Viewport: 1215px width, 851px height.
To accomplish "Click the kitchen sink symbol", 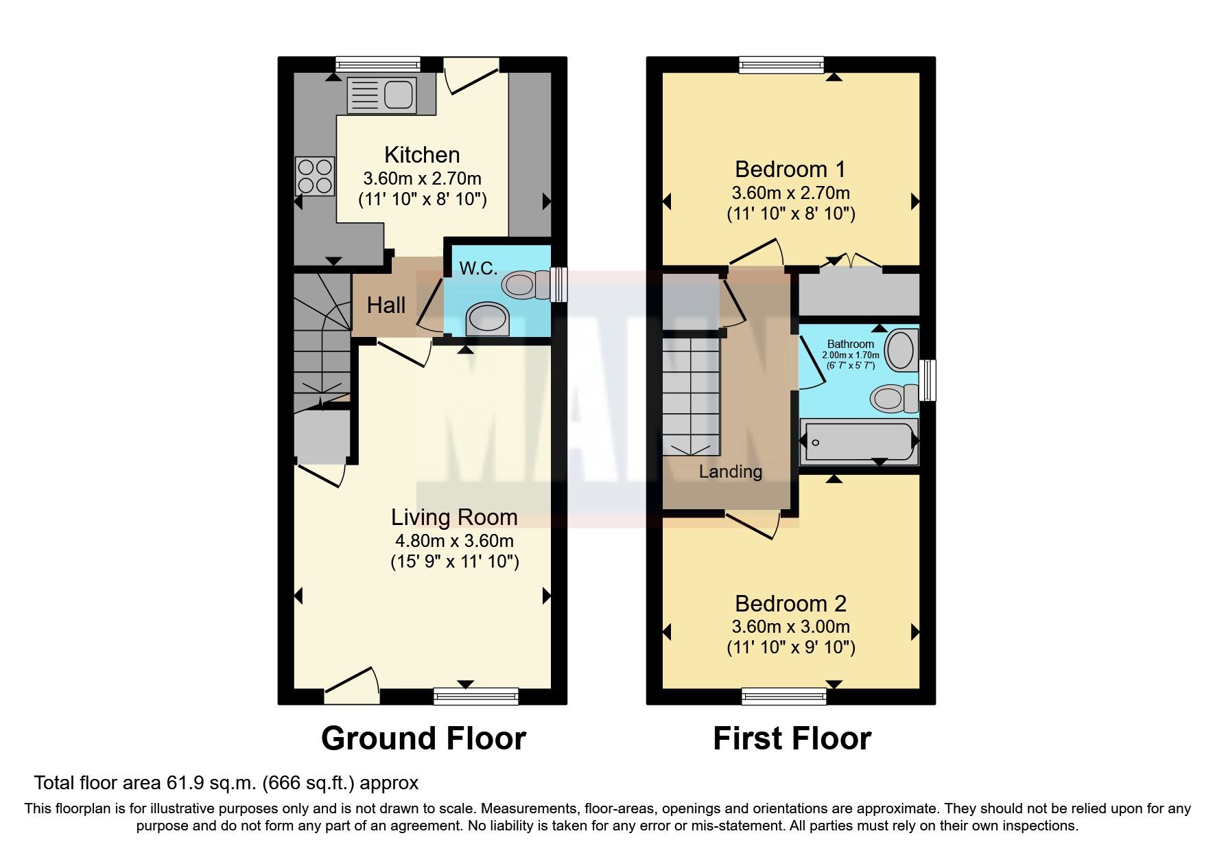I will click(x=381, y=95).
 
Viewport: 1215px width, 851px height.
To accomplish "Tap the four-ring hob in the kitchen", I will click(x=315, y=176).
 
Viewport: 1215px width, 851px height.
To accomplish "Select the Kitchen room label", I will click(x=422, y=155).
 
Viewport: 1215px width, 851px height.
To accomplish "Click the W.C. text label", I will click(x=478, y=268).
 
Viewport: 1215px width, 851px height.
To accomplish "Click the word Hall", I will click(x=386, y=305).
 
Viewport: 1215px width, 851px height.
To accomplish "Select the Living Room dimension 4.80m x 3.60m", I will click(x=454, y=541).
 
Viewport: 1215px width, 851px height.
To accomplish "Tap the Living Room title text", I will click(x=454, y=517).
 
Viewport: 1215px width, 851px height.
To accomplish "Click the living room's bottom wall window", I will click(x=476, y=697).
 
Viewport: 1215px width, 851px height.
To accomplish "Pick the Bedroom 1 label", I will click(x=790, y=170).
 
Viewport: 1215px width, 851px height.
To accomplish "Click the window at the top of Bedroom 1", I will click(x=781, y=65).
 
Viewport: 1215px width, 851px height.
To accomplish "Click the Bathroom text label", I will click(x=851, y=344).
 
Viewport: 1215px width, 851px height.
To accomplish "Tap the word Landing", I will click(x=731, y=471).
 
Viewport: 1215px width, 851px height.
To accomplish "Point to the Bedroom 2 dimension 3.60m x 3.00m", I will click(x=790, y=627).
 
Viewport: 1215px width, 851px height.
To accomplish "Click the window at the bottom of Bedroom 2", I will click(x=784, y=697).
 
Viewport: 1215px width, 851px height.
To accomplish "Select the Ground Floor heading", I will click(x=423, y=739).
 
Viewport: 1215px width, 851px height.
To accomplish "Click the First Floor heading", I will click(x=792, y=739).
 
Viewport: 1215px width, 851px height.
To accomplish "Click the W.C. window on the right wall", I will click(x=560, y=284).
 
